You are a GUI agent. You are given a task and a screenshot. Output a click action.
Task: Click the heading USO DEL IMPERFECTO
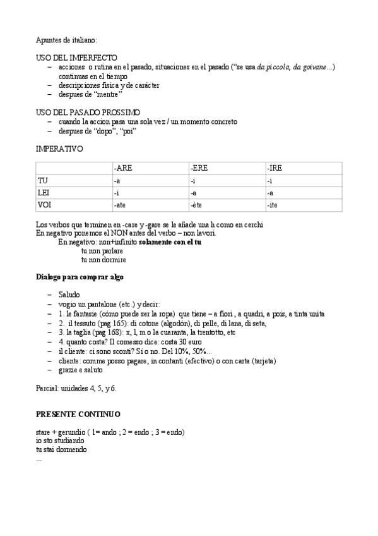tap(76, 58)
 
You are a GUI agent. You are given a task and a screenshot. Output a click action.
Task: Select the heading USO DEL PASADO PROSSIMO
tap(88, 113)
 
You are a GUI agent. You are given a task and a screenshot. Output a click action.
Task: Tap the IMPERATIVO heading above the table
tap(59, 149)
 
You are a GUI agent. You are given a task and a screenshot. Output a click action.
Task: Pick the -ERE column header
tap(199, 168)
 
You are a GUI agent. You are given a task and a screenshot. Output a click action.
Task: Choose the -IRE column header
tap(275, 168)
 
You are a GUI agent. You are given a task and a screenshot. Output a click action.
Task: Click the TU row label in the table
tap(44, 181)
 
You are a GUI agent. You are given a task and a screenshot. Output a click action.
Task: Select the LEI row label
tap(44, 193)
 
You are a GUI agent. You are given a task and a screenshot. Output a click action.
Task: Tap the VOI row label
tap(44, 205)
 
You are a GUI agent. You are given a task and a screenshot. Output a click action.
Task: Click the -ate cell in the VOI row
tap(120, 205)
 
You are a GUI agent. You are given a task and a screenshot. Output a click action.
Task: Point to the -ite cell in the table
tap(273, 205)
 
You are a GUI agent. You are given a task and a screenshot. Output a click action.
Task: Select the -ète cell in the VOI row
tap(196, 205)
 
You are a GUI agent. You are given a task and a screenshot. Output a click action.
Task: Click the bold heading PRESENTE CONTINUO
tap(78, 413)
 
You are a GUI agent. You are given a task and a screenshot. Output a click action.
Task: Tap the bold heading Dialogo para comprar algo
tap(80, 277)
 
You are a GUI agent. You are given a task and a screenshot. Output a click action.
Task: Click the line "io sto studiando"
tap(60, 441)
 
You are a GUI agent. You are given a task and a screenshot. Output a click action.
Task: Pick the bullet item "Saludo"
tap(69, 295)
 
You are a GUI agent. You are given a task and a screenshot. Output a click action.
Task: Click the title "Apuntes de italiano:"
tap(66, 39)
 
